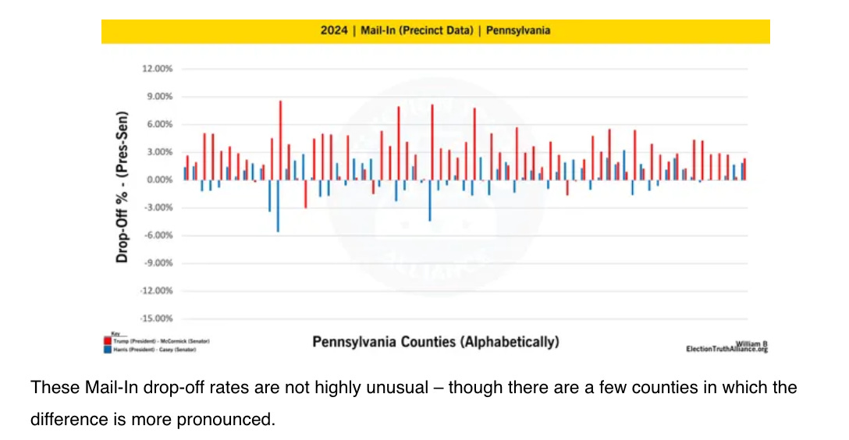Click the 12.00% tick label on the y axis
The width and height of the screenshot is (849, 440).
[157, 69]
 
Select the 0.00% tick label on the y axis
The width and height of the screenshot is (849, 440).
[158, 180]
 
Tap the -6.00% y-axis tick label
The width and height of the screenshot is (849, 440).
[157, 236]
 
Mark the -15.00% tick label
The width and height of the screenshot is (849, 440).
[155, 319]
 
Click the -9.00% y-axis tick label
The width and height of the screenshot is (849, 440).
[157, 264]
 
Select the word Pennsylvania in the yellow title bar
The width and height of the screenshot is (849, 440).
[518, 31]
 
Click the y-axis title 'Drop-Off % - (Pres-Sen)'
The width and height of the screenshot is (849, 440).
[122, 186]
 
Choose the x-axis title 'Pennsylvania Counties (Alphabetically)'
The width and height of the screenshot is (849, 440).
[435, 342]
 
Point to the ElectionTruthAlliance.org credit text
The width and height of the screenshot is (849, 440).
[726, 350]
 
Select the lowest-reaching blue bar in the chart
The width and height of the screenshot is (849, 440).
[277, 206]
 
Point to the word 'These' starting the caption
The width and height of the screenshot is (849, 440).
[51, 388]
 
